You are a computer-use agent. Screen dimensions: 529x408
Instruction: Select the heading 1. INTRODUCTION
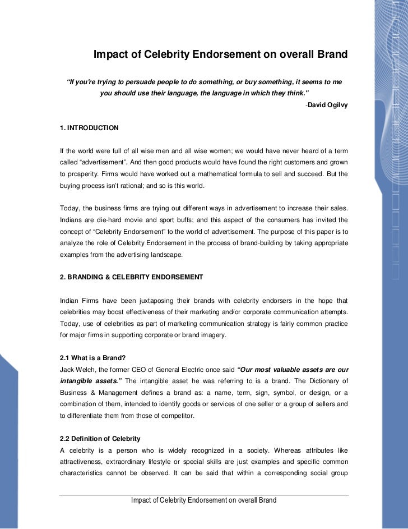point(89,128)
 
